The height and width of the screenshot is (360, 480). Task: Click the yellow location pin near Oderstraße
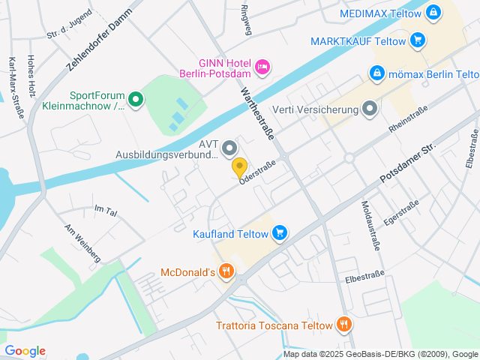tap(239, 166)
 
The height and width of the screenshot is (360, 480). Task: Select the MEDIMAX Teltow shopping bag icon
tap(433, 13)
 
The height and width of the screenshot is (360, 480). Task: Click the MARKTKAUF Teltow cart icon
tap(418, 40)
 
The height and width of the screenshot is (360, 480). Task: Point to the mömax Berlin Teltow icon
tap(377, 73)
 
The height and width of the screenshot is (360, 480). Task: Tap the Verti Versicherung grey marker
tap(369, 110)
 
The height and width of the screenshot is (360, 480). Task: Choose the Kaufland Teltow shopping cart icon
tap(279, 233)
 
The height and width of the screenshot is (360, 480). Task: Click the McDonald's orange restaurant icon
tap(226, 271)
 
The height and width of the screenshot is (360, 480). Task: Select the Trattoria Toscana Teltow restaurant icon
tap(343, 325)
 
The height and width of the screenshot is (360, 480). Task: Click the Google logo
tap(25, 350)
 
